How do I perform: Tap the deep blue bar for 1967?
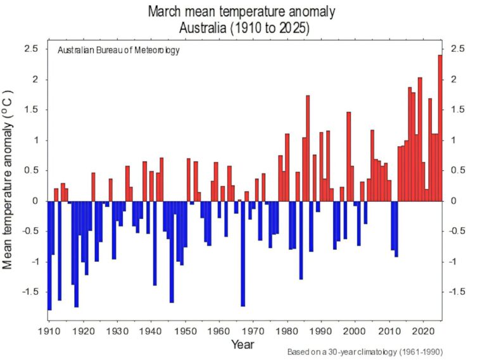click(243, 253)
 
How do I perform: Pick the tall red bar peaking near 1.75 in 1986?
click(308, 148)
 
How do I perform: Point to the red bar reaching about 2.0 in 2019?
click(420, 139)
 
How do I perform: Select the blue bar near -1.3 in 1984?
click(301, 240)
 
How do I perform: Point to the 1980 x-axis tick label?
click(287, 331)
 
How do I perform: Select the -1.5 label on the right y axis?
click(458, 292)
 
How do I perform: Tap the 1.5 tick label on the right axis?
click(457, 110)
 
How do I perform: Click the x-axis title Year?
click(243, 344)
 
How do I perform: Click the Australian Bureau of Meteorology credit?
click(118, 51)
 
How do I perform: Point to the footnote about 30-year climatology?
click(364, 352)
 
